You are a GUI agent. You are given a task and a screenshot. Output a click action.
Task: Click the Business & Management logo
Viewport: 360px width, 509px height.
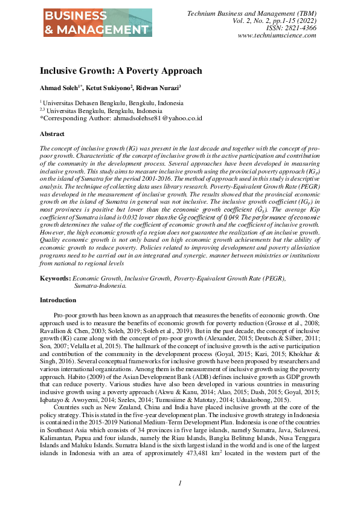[96, 23]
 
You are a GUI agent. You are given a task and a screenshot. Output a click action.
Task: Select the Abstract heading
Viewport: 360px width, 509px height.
[52, 134]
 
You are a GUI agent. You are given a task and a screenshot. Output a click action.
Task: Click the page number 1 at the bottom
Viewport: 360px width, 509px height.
[179, 483]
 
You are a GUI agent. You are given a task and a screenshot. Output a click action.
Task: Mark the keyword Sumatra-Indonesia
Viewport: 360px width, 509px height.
[100, 285]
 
